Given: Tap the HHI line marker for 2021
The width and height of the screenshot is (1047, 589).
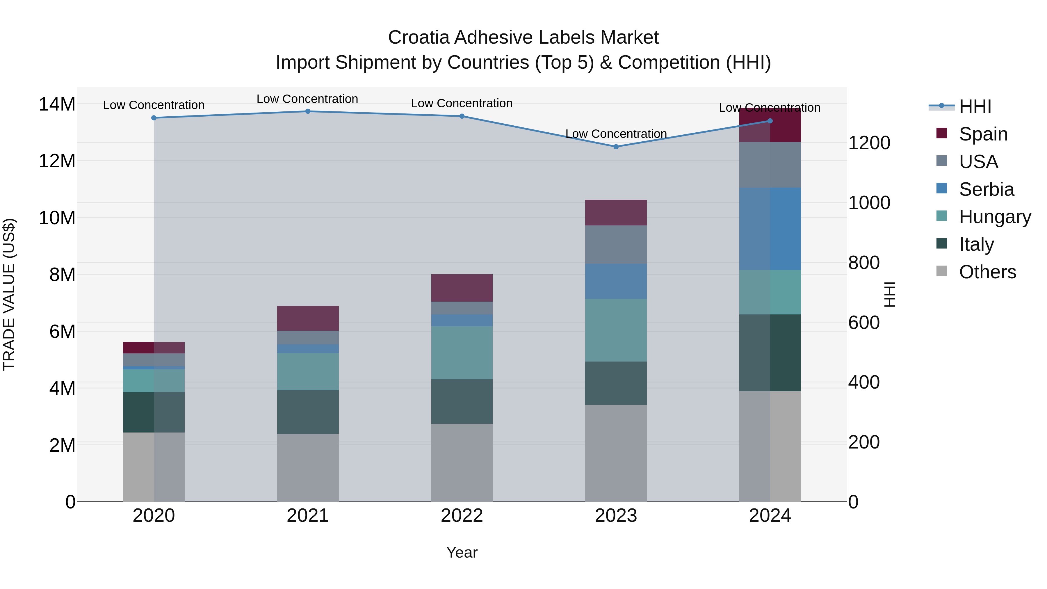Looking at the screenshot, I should click(x=308, y=111).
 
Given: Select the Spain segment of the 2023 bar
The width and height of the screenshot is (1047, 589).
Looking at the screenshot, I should click(x=616, y=213).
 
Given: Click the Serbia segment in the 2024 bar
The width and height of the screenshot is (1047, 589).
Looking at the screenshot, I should click(x=770, y=229).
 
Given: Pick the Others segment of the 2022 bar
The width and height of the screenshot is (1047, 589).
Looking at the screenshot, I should click(x=462, y=462).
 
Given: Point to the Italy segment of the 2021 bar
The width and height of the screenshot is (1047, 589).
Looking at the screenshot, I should click(x=308, y=412).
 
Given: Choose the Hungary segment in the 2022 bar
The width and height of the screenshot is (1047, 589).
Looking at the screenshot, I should click(x=462, y=353).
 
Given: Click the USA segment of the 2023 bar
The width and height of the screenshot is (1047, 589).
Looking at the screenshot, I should click(x=616, y=245).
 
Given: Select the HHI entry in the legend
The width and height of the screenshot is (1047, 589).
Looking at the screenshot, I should click(x=975, y=106).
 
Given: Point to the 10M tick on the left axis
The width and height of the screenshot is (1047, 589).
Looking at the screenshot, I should click(x=57, y=218).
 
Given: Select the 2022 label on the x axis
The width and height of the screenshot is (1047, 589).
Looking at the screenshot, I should click(x=462, y=516).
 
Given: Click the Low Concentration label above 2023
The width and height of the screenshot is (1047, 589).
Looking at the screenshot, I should click(x=616, y=134).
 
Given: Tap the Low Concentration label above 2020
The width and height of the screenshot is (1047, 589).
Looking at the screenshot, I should click(x=154, y=105).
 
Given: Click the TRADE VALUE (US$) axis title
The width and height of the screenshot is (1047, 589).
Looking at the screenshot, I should click(x=9, y=294).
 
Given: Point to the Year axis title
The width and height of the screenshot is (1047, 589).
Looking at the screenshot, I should click(x=462, y=552).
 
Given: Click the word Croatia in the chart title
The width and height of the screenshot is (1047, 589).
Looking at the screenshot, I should click(x=419, y=38).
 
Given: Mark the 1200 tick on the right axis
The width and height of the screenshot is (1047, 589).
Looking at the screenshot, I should click(x=869, y=143).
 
